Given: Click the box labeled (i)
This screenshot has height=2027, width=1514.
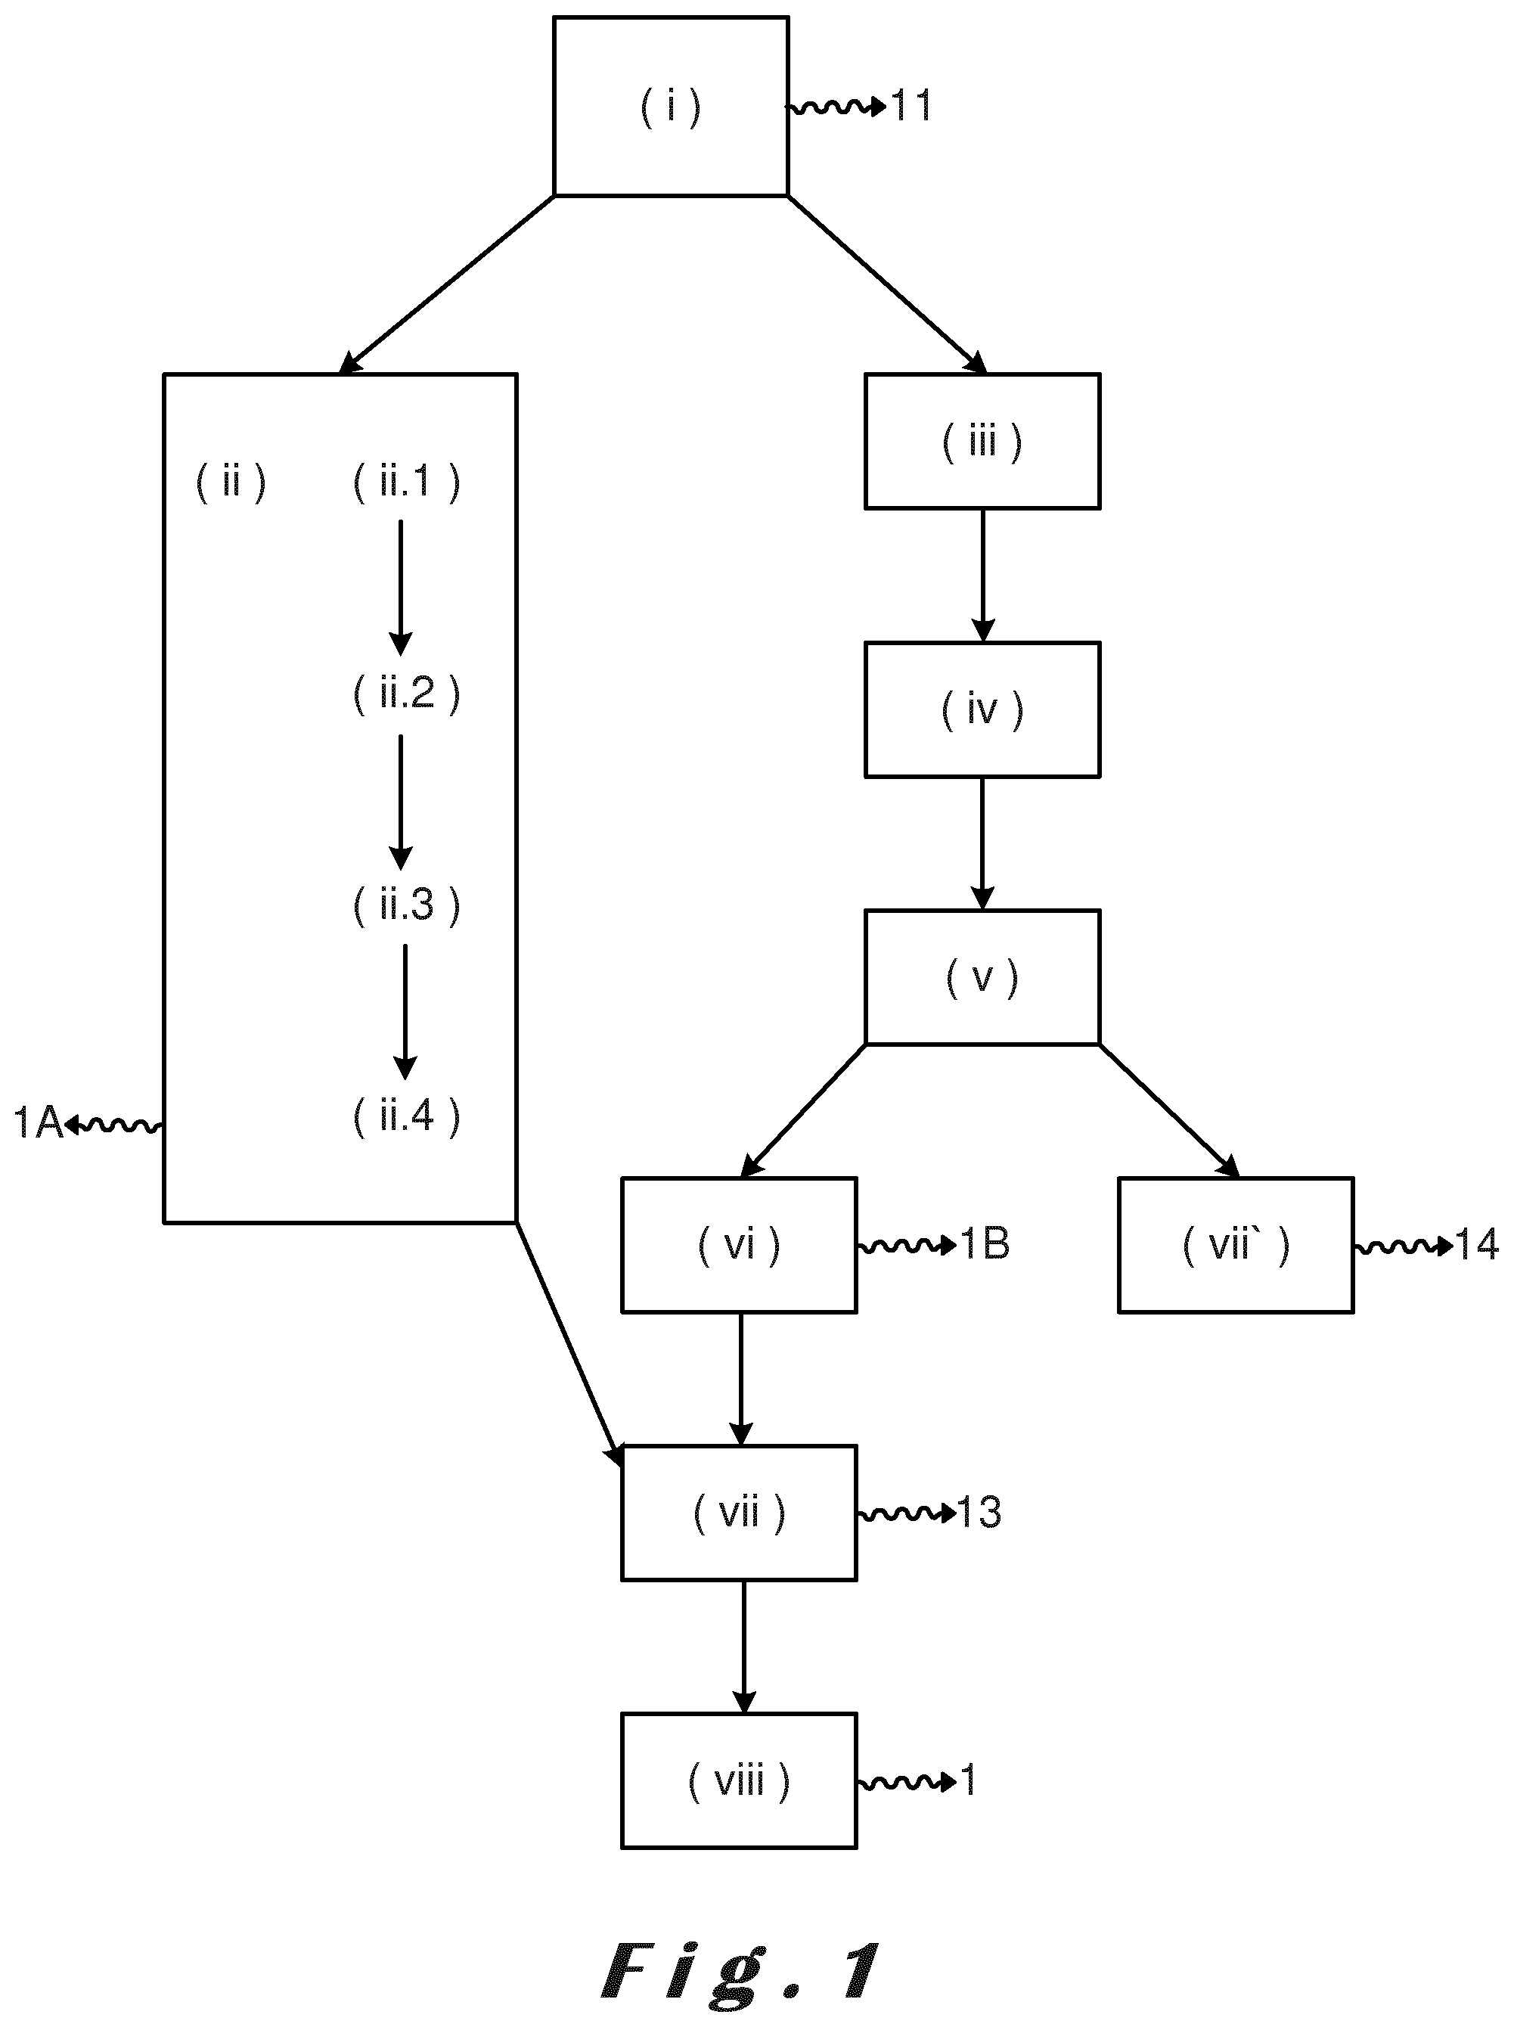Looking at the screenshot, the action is [671, 107].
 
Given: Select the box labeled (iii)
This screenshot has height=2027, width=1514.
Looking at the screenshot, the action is [982, 441].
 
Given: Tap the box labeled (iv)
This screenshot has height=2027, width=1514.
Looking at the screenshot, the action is [982, 709].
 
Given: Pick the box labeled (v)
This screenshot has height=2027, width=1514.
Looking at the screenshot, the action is [982, 977].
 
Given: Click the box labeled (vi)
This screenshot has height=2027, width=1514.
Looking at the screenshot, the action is [740, 1246].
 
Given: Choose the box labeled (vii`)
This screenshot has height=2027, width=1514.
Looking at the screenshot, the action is [1236, 1246].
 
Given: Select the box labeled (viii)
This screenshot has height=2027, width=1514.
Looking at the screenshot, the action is [740, 1781].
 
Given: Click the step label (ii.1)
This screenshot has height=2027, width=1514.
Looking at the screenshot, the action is [407, 481].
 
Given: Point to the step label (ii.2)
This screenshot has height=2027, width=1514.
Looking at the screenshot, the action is [407, 693].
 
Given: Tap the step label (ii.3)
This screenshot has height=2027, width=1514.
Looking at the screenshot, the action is [407, 905].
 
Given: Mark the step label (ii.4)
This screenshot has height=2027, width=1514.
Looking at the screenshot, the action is [407, 1115].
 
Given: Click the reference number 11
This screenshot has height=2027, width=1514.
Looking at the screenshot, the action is [912, 107].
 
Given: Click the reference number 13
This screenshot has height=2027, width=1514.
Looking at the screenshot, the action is [979, 1513].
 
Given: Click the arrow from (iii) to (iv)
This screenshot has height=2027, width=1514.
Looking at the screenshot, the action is [982, 576].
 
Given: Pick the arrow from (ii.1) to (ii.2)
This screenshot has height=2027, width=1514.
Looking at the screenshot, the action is [401, 588].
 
